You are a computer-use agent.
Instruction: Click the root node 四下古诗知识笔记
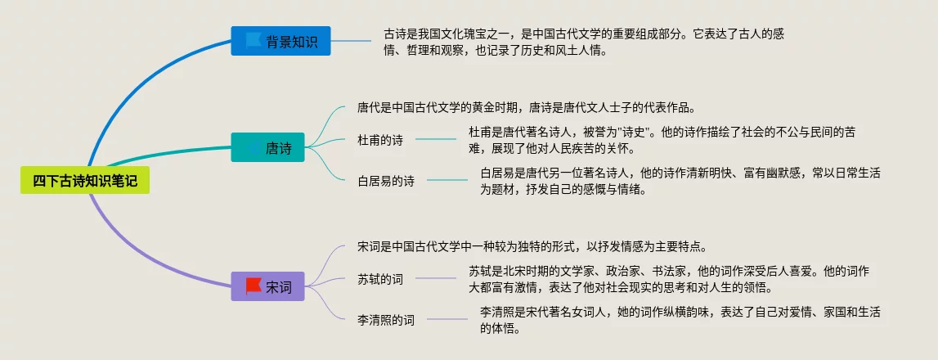(x=85, y=181)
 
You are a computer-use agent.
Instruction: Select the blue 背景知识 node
(x=281, y=41)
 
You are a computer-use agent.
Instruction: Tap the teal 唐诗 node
(x=267, y=148)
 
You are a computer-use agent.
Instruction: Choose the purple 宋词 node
(x=267, y=286)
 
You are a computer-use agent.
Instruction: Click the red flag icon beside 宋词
(x=254, y=286)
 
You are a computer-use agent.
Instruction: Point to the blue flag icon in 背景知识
(x=252, y=40)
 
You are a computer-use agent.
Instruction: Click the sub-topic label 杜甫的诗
(x=380, y=140)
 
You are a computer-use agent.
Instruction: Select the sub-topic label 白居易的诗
(x=386, y=181)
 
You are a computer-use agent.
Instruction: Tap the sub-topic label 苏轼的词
(x=380, y=279)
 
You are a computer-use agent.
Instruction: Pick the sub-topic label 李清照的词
(x=386, y=320)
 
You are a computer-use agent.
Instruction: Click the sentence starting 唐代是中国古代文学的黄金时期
(x=526, y=107)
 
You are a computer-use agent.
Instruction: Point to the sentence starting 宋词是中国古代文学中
(x=532, y=246)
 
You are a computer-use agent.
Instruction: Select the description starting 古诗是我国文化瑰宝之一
(x=585, y=42)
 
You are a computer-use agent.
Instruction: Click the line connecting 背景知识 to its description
(x=352, y=41)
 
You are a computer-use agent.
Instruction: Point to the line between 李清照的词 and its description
(x=447, y=320)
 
